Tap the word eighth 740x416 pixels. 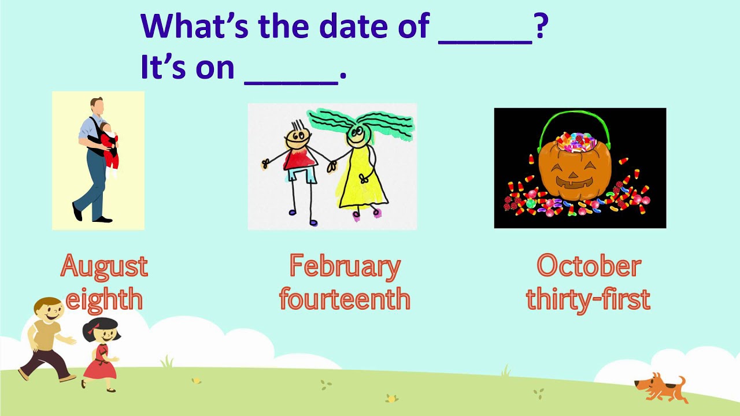(105, 299)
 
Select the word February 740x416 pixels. (345, 268)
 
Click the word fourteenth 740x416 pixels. (345, 299)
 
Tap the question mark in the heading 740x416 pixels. (542, 26)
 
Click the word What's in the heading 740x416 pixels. (195, 26)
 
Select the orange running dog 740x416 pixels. (661, 388)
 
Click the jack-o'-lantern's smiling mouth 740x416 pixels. (575, 182)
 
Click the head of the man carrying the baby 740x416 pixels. (97, 106)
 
